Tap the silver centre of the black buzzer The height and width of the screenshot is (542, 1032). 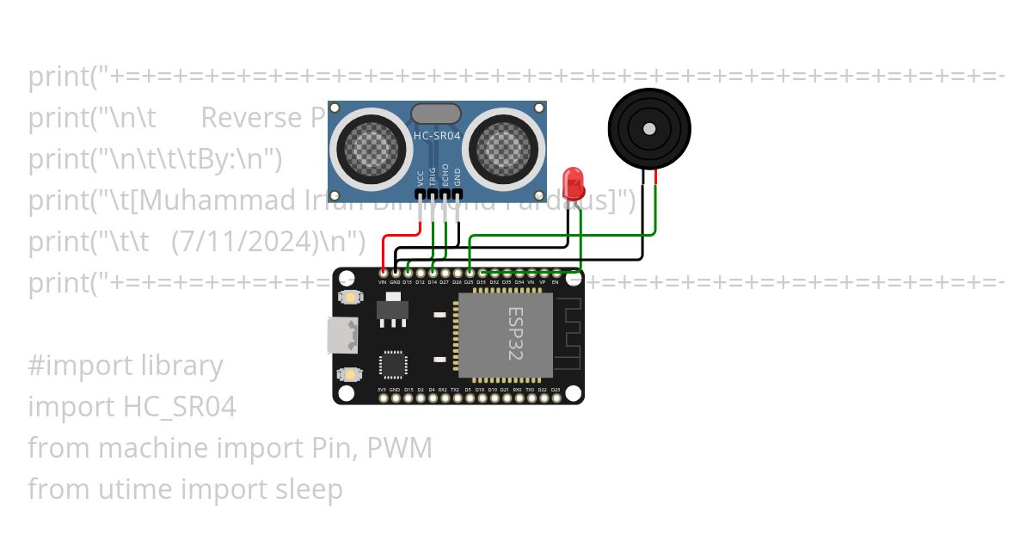(x=649, y=130)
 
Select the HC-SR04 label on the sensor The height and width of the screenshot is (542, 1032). (x=436, y=135)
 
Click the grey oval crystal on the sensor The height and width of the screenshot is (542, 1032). (x=436, y=114)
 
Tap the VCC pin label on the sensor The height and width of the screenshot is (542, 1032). (x=421, y=178)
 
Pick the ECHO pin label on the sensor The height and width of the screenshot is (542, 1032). (x=445, y=176)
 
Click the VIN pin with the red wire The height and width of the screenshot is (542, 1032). (x=382, y=274)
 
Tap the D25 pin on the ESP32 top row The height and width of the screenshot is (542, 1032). (x=470, y=274)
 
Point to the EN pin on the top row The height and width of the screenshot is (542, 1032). (x=556, y=274)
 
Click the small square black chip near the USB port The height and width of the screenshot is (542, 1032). (x=394, y=364)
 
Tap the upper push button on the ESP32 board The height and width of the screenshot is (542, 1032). (x=350, y=297)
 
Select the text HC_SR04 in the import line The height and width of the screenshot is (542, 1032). (x=180, y=407)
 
